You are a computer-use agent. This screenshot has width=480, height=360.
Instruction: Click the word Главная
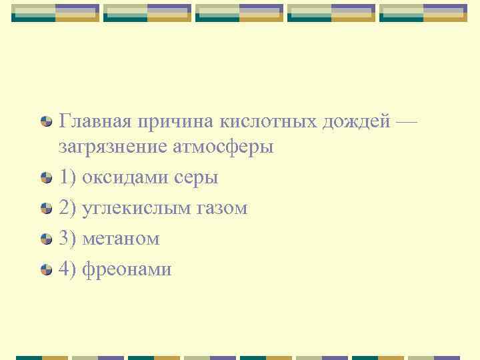click(x=95, y=122)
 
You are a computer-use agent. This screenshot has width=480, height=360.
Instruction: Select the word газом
click(x=221, y=208)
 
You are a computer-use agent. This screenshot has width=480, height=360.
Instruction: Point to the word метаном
click(x=120, y=239)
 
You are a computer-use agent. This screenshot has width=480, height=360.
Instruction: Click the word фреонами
click(x=126, y=269)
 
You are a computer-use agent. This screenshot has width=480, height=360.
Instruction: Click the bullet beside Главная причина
click(x=45, y=122)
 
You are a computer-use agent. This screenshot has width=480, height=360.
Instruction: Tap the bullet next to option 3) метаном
click(x=45, y=239)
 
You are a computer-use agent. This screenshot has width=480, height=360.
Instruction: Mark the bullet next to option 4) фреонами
click(x=45, y=269)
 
